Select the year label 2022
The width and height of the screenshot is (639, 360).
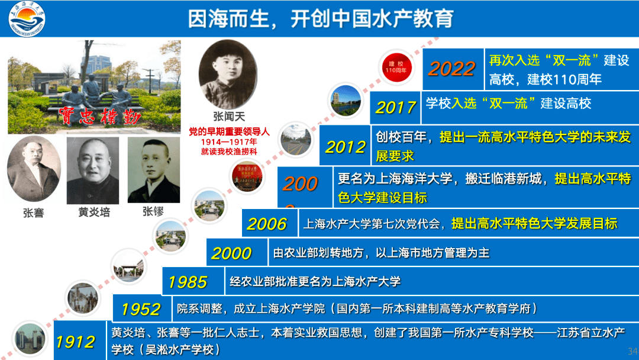pos(451,69)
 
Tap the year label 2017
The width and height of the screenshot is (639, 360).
pos(396,107)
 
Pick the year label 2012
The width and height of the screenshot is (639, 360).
pos(345,147)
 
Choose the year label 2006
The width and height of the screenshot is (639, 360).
pos(266,224)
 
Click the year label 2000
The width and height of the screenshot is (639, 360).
pos(231,253)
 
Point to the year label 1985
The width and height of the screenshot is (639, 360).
pos(188,282)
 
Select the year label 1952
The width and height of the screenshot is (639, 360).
pos(140,309)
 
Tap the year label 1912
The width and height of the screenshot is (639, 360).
pos(75,342)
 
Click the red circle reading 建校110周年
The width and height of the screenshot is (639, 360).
pos(396,67)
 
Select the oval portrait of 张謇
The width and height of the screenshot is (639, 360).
pos(34,169)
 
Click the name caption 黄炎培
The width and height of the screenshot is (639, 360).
pos(94,213)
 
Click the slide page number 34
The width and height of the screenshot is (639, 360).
pos(632,351)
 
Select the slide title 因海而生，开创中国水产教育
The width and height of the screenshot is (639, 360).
pos(320,18)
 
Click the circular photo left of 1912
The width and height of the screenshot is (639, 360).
pos(29,339)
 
